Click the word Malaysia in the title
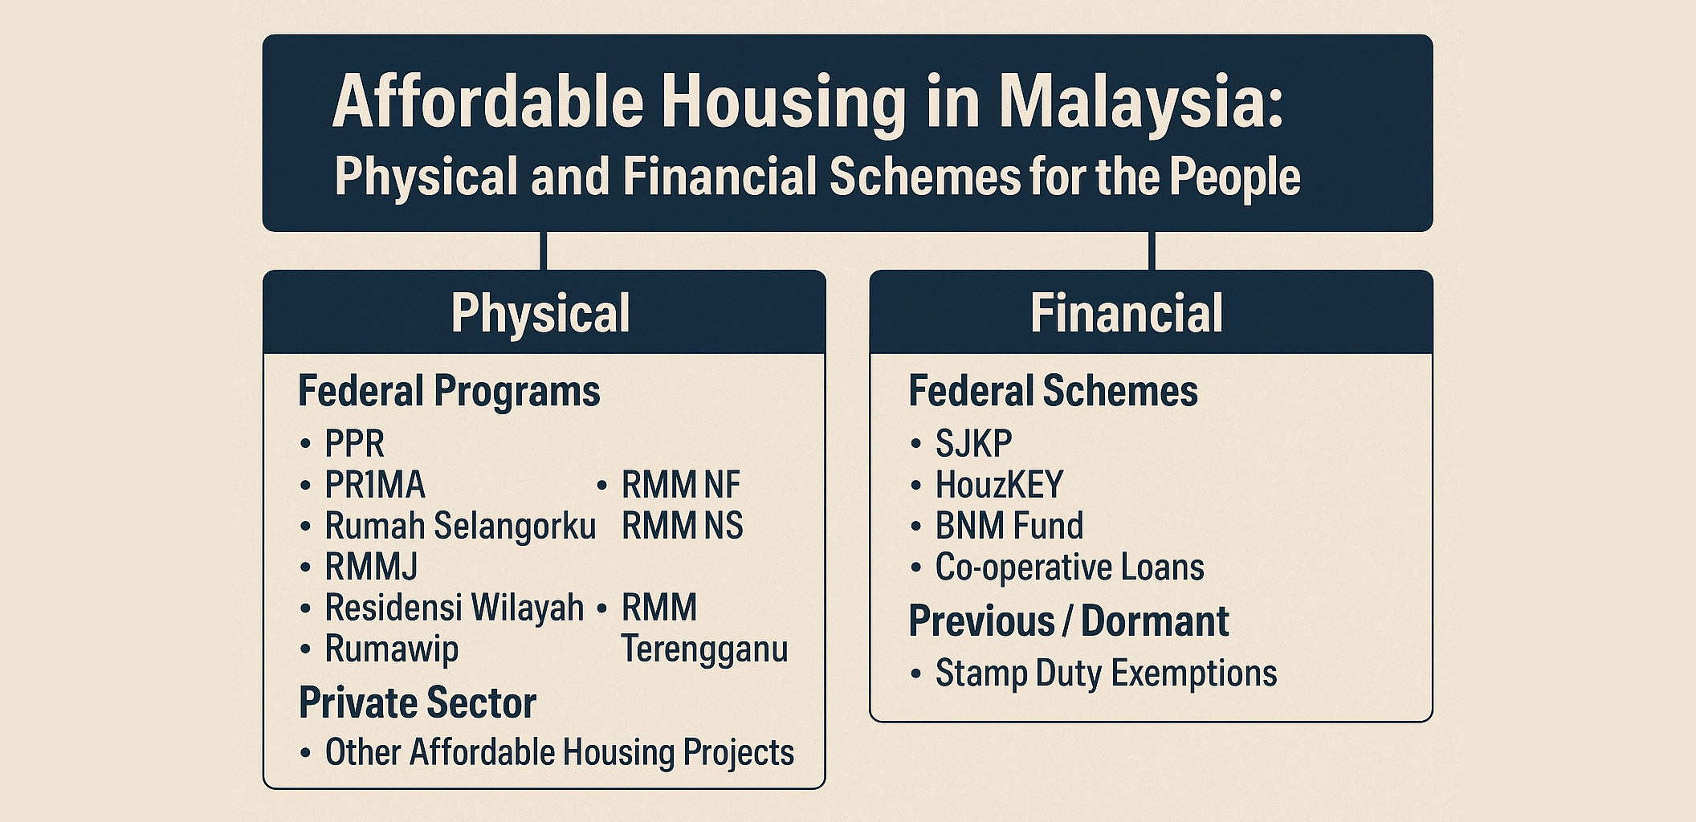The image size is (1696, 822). pyautogui.click(x=1140, y=103)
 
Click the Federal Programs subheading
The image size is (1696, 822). pyautogui.click(x=449, y=391)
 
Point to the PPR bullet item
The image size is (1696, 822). pyautogui.click(x=354, y=443)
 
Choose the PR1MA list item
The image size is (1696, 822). pyautogui.click(x=374, y=485)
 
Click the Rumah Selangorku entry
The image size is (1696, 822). pyautogui.click(x=459, y=526)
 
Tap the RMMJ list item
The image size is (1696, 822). pyautogui.click(x=371, y=567)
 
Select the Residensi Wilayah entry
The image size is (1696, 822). pyautogui.click(x=454, y=608)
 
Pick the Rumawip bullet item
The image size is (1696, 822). pyautogui.click(x=391, y=649)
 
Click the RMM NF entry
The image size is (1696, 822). pyautogui.click(x=681, y=485)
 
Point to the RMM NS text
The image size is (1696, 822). pyautogui.click(x=683, y=526)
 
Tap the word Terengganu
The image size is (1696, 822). pyautogui.click(x=704, y=649)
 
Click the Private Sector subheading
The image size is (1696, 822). pyautogui.click(x=417, y=703)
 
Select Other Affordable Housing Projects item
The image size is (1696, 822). pyautogui.click(x=559, y=753)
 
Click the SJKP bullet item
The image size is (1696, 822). pyautogui.click(x=973, y=443)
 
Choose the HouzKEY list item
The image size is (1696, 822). pyautogui.click(x=999, y=485)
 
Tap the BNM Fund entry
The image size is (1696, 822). pyautogui.click(x=1009, y=526)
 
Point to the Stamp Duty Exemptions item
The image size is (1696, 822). pyautogui.click(x=1106, y=673)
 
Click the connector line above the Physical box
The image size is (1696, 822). pyautogui.click(x=544, y=250)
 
